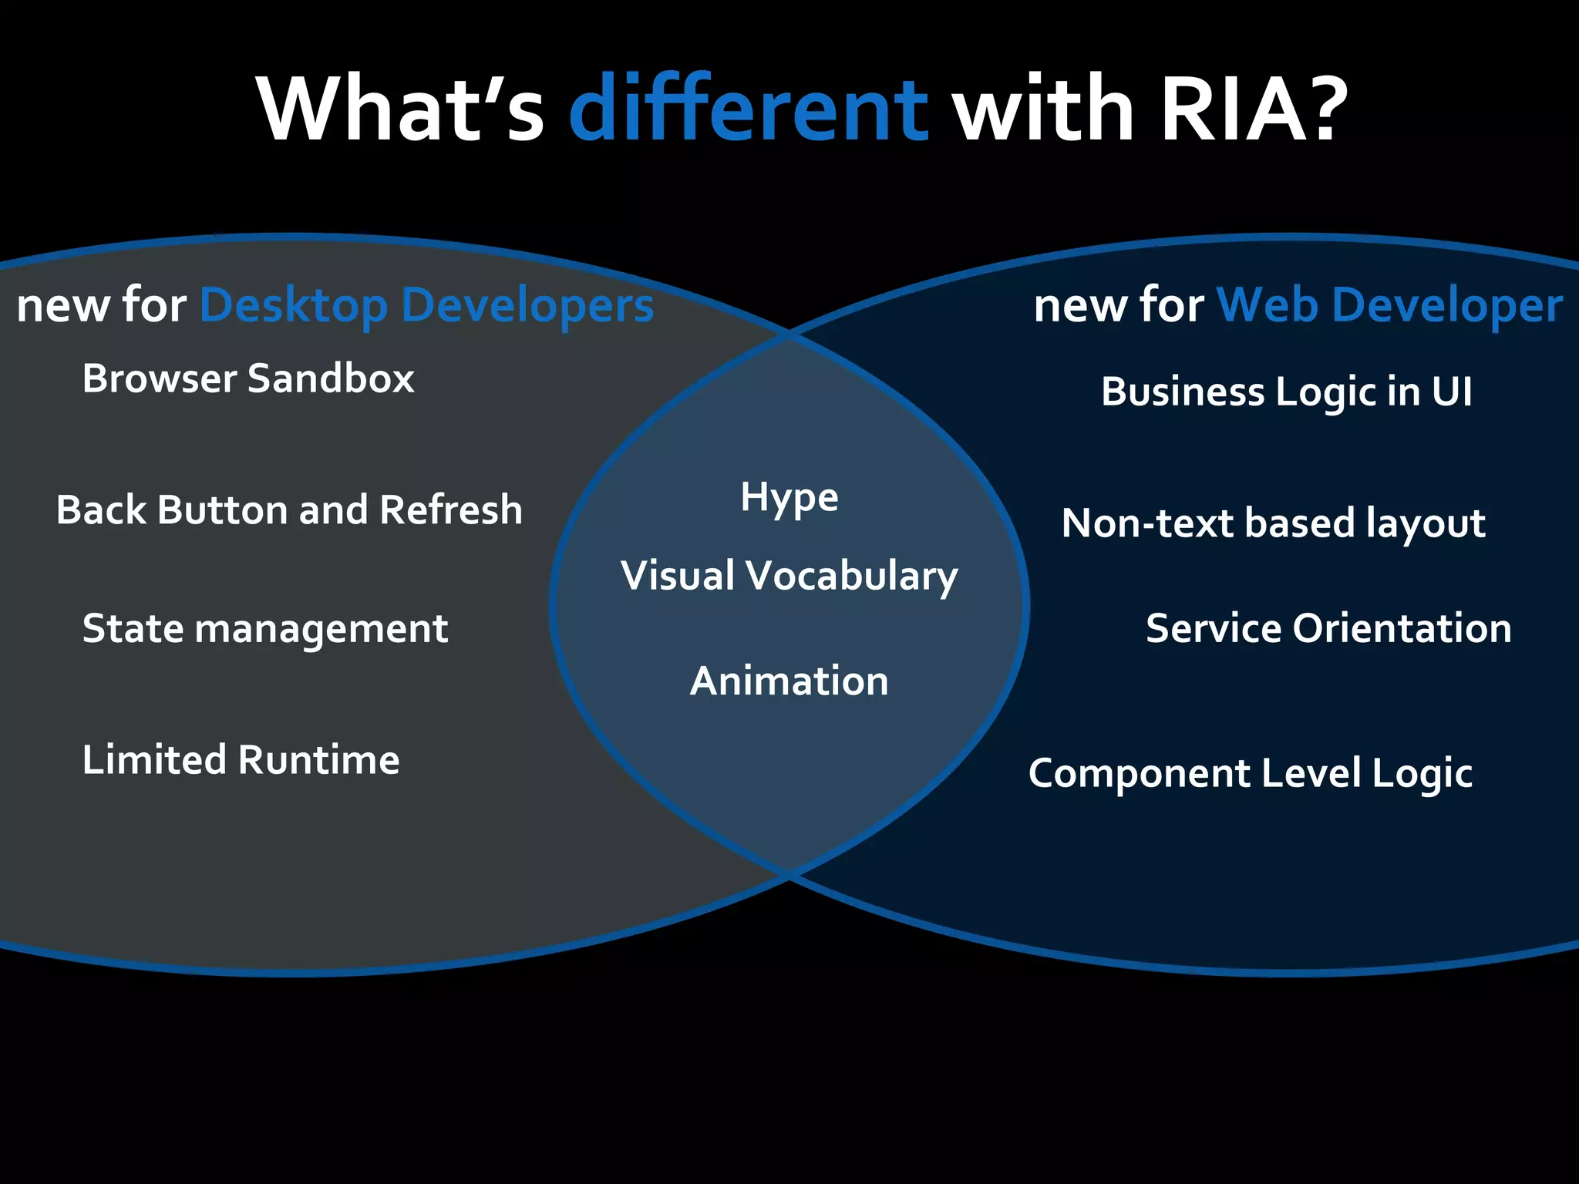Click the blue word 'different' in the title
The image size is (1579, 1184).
(x=748, y=109)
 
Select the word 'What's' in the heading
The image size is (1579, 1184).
(x=401, y=109)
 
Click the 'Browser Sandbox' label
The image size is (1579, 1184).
(x=248, y=378)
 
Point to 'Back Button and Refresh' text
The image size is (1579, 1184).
(x=289, y=510)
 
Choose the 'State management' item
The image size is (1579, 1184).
(x=264, y=628)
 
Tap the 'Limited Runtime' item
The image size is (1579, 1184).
(x=241, y=760)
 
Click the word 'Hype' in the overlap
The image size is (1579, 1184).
(x=789, y=497)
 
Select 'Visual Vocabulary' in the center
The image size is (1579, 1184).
(x=789, y=576)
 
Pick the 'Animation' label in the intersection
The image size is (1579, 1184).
(x=789, y=681)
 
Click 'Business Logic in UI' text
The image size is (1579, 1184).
(x=1286, y=392)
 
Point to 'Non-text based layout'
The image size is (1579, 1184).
(x=1273, y=523)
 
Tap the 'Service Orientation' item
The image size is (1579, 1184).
(x=1328, y=628)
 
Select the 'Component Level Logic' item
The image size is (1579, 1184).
(x=1250, y=773)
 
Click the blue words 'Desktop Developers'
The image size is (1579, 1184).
(x=426, y=305)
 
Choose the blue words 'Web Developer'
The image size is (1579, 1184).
(x=1389, y=305)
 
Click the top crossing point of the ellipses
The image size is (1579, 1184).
(x=789, y=334)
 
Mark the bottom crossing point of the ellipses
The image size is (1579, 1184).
(x=789, y=875)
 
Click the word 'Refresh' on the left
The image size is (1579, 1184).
(x=450, y=510)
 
